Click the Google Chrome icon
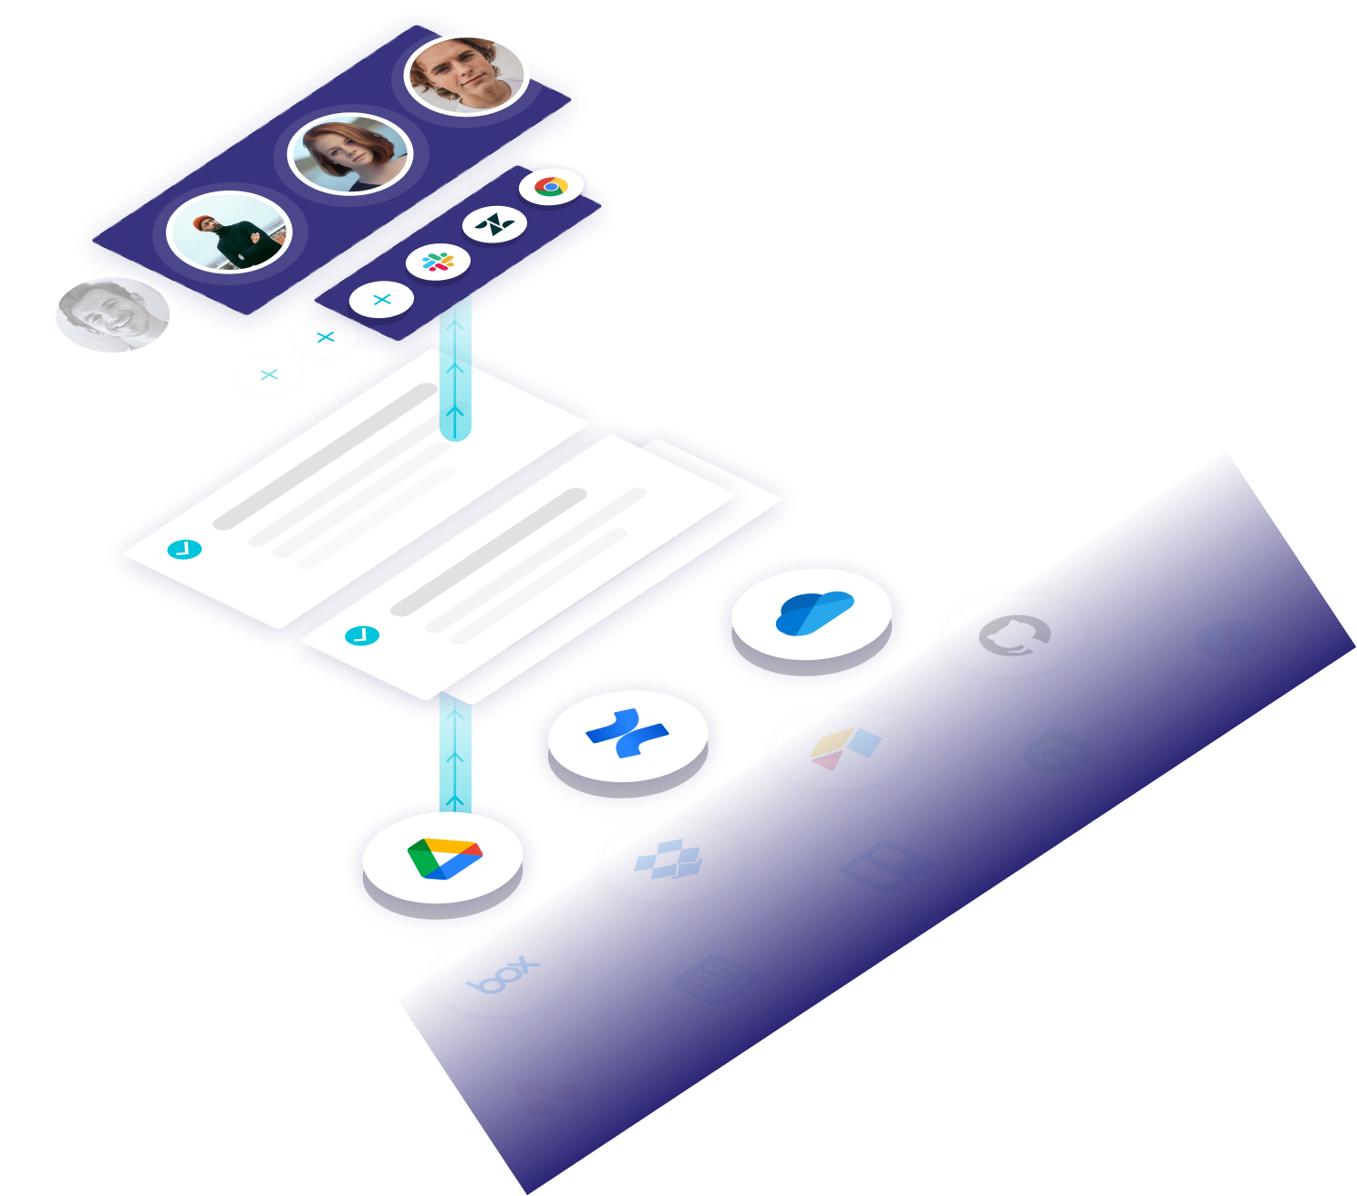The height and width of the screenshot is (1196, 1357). [x=551, y=186]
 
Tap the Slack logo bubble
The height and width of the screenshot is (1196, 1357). [x=438, y=262]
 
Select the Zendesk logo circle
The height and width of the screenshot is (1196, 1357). [x=494, y=224]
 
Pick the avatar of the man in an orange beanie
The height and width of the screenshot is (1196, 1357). [x=229, y=231]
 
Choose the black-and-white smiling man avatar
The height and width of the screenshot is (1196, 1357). [x=113, y=316]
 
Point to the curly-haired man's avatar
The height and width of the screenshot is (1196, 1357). [x=467, y=72]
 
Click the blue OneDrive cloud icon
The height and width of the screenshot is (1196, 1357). [x=812, y=613]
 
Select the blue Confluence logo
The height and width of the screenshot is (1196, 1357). [x=627, y=731]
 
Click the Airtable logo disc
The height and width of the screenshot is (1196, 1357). [x=844, y=747]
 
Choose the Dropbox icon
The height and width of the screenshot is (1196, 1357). [x=672, y=860]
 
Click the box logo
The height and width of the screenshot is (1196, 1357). [x=502, y=974]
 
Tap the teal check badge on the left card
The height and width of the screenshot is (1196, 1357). [x=184, y=549]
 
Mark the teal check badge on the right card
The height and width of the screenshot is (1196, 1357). [x=362, y=635]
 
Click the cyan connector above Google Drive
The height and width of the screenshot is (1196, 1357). [x=455, y=752]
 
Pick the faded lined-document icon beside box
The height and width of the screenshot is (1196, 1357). [x=715, y=980]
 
